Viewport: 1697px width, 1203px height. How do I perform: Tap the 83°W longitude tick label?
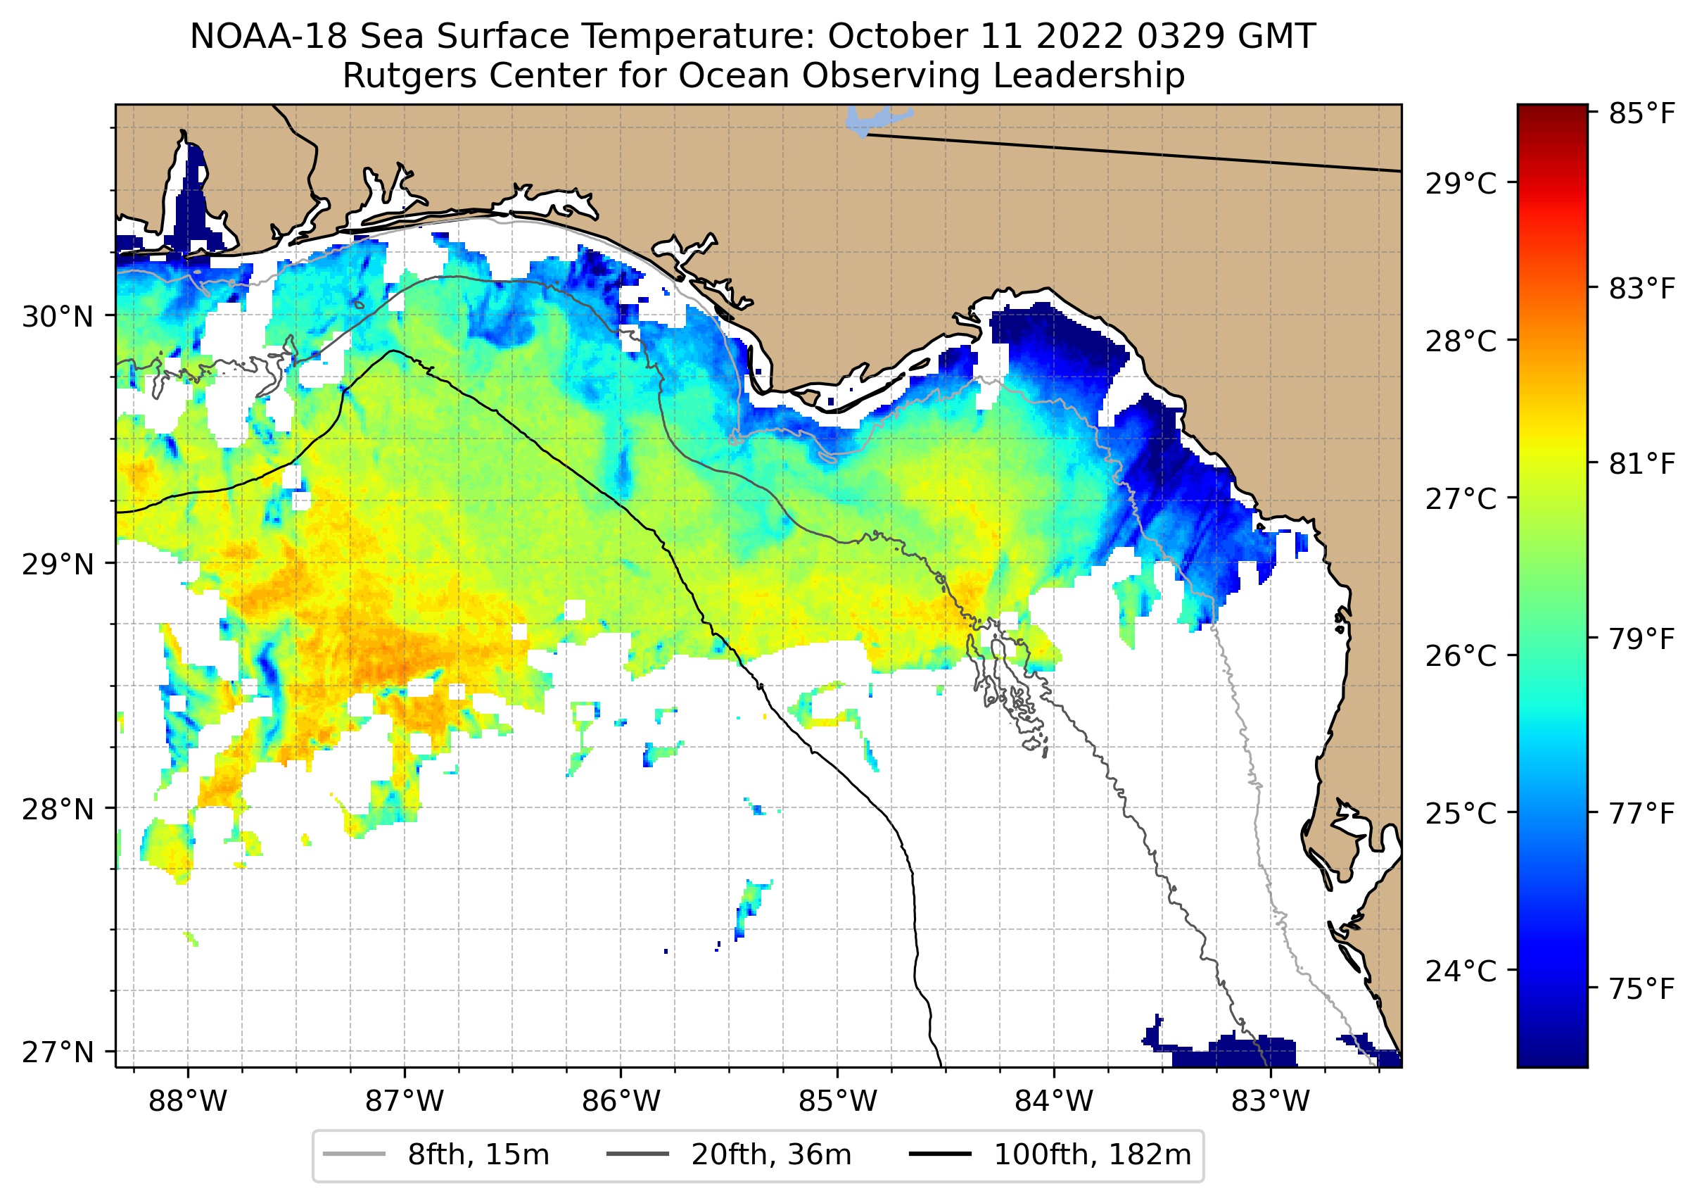coord(1271,1102)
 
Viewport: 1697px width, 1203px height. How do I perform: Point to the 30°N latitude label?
coord(58,317)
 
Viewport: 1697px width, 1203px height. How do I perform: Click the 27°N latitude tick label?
coord(58,1052)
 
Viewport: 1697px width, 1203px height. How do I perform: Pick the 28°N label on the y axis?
coord(58,810)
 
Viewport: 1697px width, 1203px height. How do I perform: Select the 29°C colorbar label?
coord(1461,183)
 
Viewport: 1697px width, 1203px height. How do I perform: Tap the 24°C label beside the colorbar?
coord(1461,971)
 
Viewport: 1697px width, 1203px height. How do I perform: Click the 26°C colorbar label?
coord(1461,655)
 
